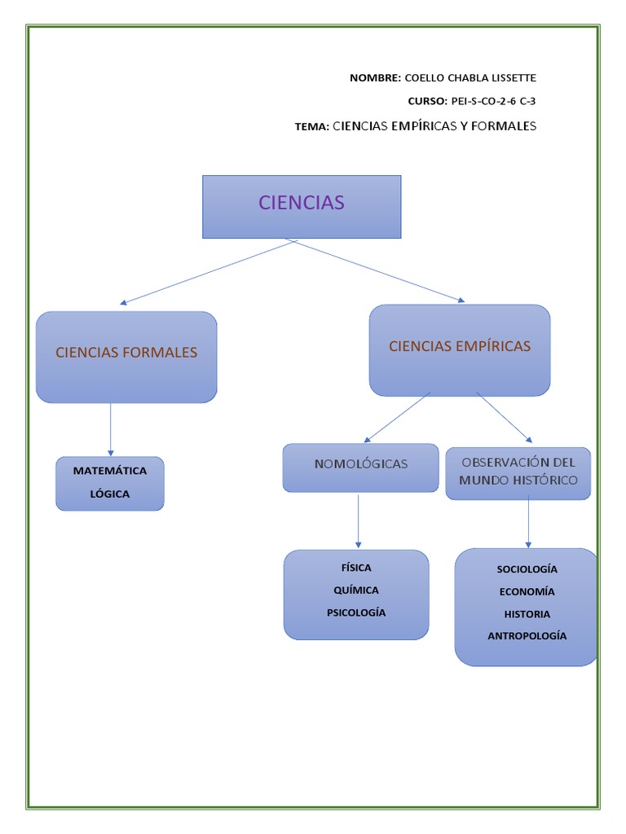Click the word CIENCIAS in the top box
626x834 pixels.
click(302, 203)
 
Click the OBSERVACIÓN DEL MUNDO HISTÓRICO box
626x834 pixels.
click(518, 472)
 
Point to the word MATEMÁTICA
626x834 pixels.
click(110, 471)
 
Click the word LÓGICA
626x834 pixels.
click(110, 494)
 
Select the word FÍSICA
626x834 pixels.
click(356, 568)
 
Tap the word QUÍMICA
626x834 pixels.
click(356, 590)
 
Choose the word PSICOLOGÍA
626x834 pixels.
click(356, 612)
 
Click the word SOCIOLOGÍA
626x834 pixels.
click(527, 569)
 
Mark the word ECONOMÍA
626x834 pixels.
click(527, 592)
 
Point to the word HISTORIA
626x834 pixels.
click(527, 614)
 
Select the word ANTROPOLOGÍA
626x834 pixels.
click(527, 636)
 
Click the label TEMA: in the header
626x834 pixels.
click(312, 127)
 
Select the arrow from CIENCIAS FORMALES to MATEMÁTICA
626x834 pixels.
click(111, 429)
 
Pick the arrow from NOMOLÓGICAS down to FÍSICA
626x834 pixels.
click(359, 520)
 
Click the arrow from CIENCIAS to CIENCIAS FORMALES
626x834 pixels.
click(208, 272)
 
